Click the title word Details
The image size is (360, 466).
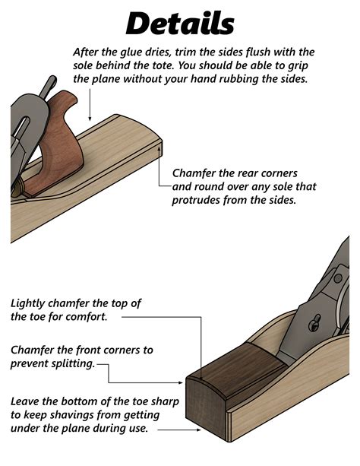click(x=179, y=23)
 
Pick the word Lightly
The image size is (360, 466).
click(x=32, y=303)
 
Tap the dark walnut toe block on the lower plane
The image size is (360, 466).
click(x=220, y=388)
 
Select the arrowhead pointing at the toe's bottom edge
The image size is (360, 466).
click(x=200, y=430)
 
